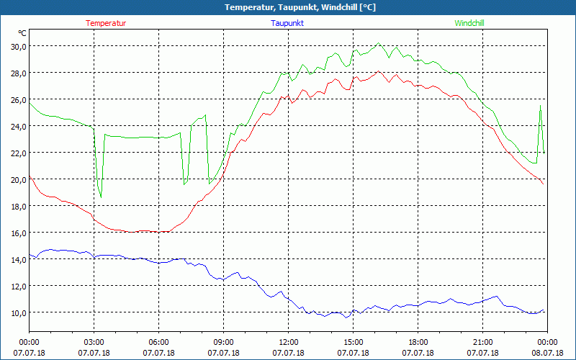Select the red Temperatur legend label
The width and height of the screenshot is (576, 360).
click(x=106, y=23)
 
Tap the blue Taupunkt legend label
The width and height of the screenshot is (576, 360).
click(x=287, y=23)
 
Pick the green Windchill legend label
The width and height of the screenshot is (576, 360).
click(x=469, y=23)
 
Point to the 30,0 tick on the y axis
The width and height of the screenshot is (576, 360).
click(x=17, y=46)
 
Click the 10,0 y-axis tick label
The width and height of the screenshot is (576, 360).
click(x=17, y=312)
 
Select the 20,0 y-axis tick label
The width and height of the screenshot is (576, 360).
click(x=17, y=179)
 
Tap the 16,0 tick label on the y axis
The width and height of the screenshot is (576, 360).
click(x=17, y=233)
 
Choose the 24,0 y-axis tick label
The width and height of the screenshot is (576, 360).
click(x=17, y=126)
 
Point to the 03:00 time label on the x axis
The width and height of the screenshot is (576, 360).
click(x=94, y=342)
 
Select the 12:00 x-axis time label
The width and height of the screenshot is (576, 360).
click(x=289, y=342)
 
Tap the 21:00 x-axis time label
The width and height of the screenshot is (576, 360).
click(x=483, y=342)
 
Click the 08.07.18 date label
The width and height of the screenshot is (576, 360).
click(x=547, y=353)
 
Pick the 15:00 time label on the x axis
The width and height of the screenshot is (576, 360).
click(x=354, y=342)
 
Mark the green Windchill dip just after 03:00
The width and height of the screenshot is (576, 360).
click(x=101, y=197)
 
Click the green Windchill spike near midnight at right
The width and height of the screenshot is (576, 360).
click(x=540, y=107)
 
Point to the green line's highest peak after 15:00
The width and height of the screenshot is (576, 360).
click(x=379, y=43)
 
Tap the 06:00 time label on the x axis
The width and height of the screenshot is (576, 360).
click(x=159, y=342)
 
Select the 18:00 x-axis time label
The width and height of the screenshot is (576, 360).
click(x=418, y=342)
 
